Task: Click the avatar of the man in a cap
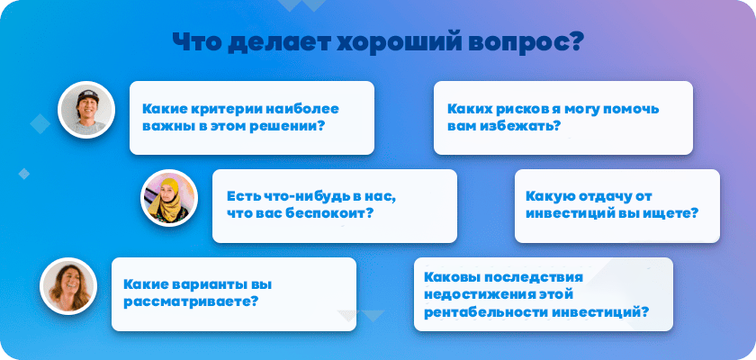coord(86,110)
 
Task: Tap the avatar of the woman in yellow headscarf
coord(169,198)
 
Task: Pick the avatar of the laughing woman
coord(68,286)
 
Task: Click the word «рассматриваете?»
coord(190,301)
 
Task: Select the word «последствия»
coord(533,277)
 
